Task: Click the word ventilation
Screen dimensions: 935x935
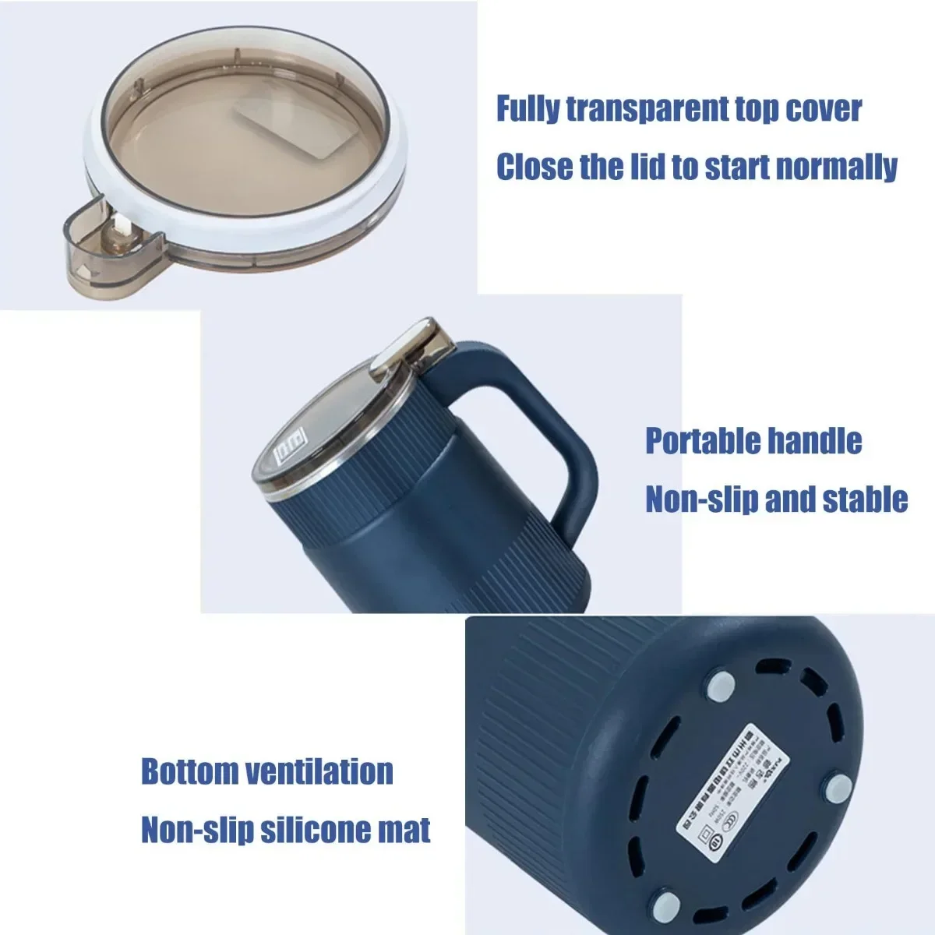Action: pyautogui.click(x=319, y=771)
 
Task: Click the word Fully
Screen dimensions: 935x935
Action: pyautogui.click(x=527, y=109)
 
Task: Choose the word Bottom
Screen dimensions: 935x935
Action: pyautogui.click(x=189, y=771)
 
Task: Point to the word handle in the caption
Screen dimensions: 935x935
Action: pyautogui.click(x=815, y=441)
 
